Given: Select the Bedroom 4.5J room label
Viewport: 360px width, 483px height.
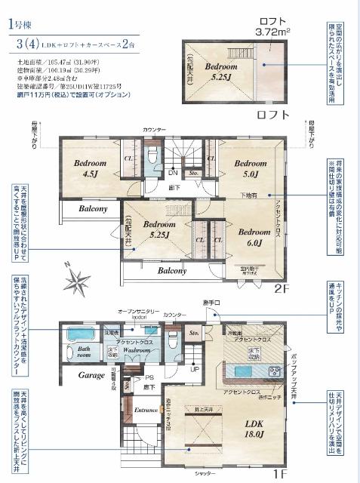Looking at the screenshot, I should [x=90, y=167].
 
